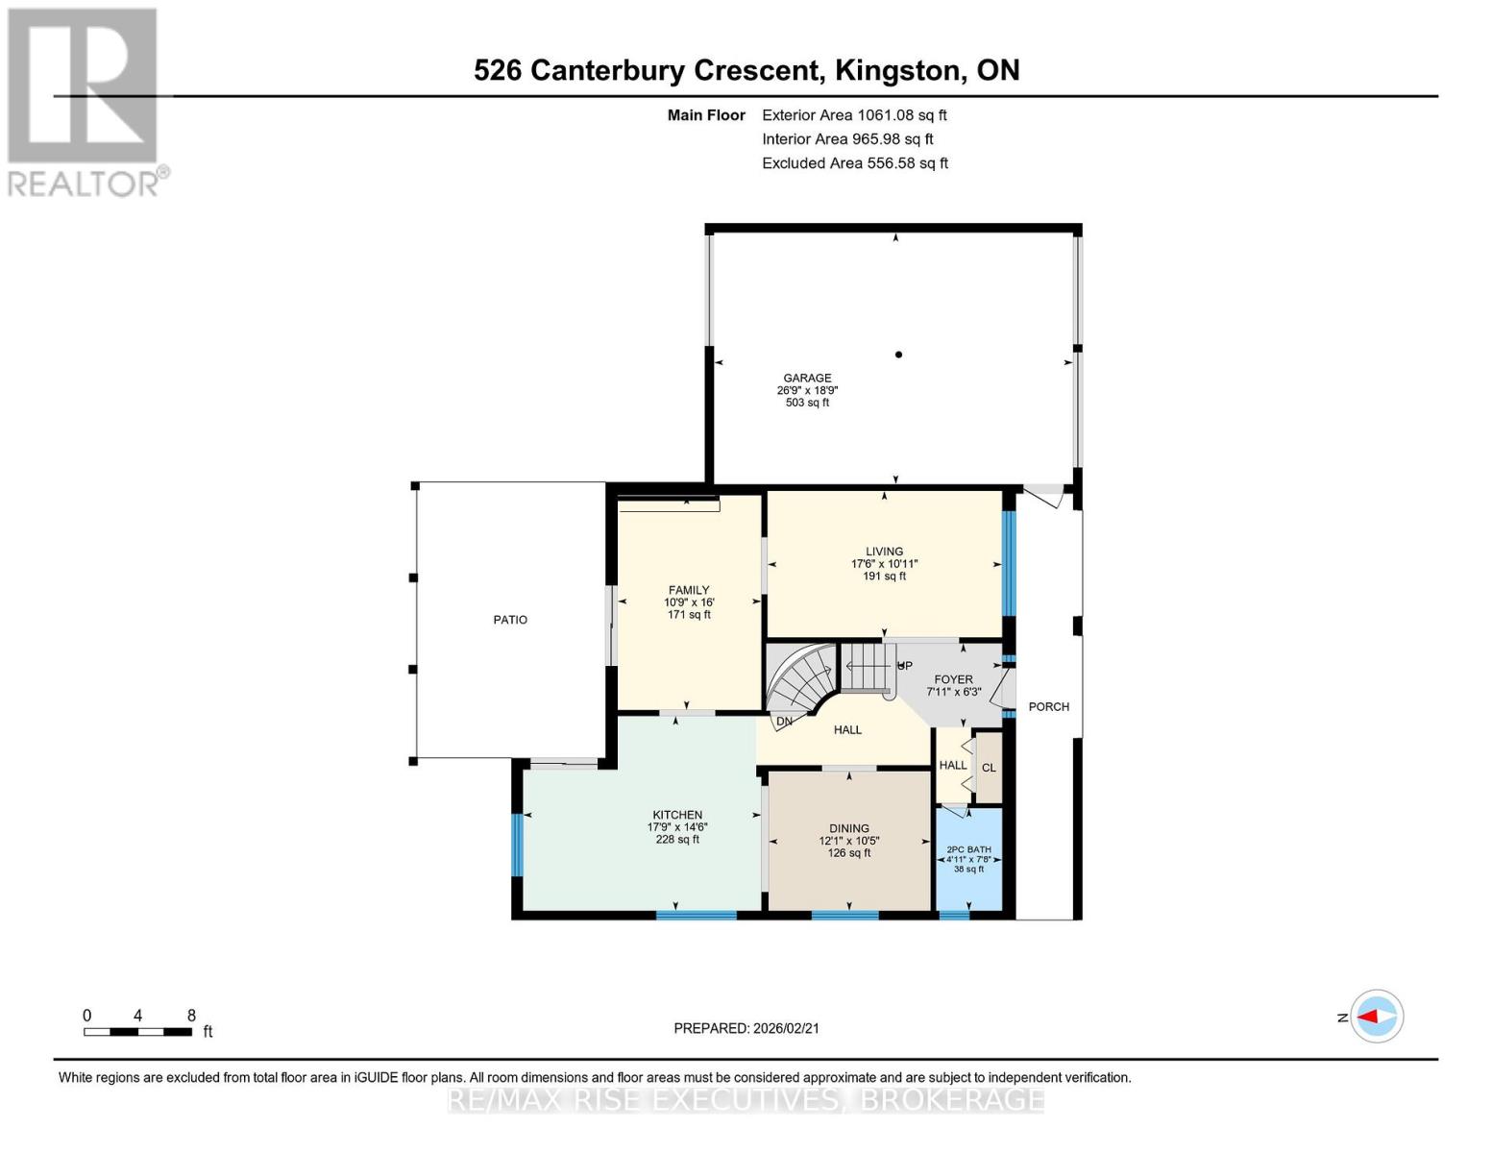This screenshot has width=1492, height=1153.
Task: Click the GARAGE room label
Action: coord(807,378)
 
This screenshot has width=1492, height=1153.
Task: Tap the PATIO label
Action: coord(510,620)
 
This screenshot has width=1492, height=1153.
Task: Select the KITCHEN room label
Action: coord(677,815)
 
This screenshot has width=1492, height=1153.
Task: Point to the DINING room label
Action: coord(849,828)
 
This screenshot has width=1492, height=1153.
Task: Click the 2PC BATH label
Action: coord(968,849)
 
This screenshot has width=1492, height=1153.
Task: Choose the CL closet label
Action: coord(989,768)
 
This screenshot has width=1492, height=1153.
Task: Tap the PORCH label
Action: coord(1048,706)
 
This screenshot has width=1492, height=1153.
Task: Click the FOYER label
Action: coord(953,679)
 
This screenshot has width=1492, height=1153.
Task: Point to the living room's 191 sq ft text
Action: coord(884,576)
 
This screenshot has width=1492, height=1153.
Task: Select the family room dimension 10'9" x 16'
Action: coord(689,602)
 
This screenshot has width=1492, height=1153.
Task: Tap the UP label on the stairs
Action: coord(904,666)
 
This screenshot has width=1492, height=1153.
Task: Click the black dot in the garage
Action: coord(898,355)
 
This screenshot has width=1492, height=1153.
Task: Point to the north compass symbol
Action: coord(1377,1016)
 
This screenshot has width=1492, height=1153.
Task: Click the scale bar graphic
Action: coord(137,1032)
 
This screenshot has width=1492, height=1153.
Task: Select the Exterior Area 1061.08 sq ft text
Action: coord(854,115)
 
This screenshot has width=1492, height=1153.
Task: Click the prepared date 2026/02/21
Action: coord(746,1028)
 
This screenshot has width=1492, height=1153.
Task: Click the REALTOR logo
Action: coord(85,102)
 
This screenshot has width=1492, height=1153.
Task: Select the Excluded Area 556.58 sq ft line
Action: coord(855,163)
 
